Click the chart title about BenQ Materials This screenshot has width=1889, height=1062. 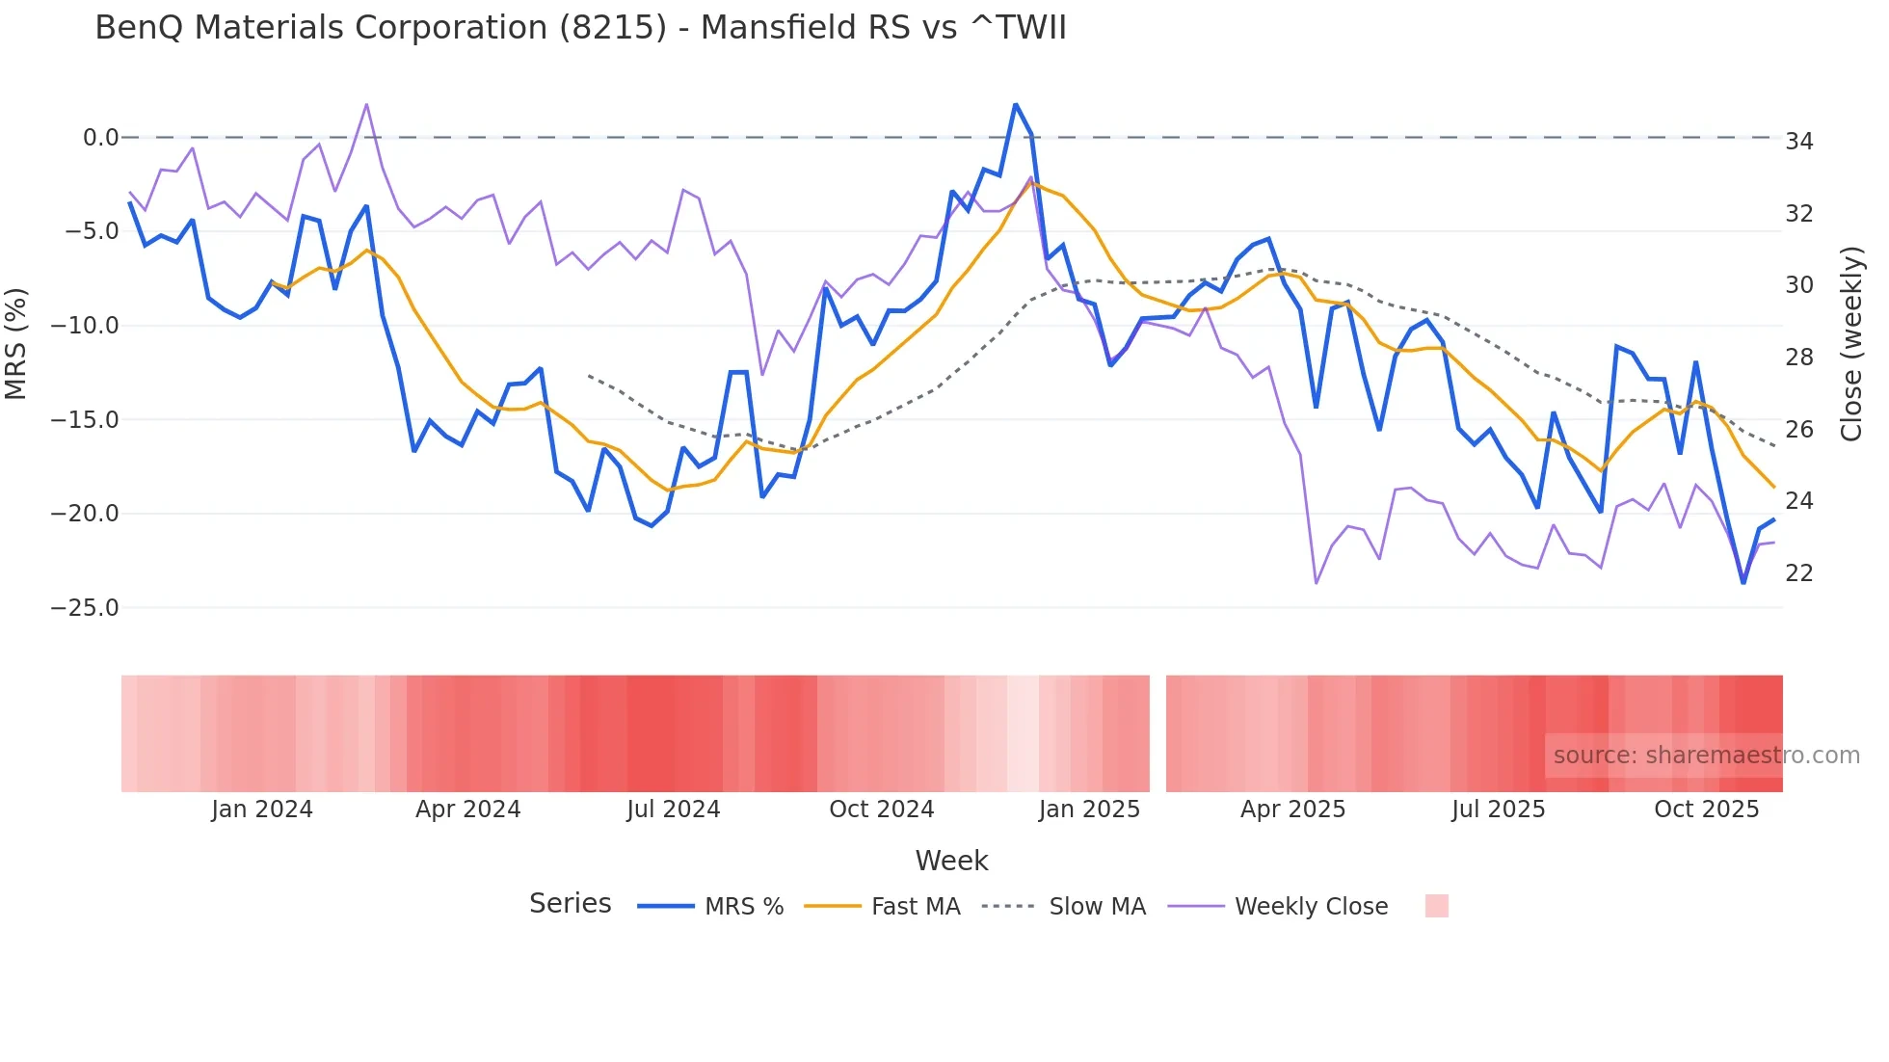point(580,28)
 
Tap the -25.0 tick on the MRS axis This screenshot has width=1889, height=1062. point(85,608)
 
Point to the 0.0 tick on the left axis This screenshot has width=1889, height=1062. point(100,138)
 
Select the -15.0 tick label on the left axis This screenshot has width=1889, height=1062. point(85,420)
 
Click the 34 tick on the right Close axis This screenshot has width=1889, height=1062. point(1798,142)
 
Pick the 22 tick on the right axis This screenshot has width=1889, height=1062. point(1798,573)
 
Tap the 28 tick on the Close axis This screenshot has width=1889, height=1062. point(1798,358)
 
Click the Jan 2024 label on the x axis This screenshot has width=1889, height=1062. point(262,810)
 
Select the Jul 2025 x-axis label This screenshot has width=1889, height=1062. point(1498,810)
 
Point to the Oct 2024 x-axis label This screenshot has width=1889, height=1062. point(881,810)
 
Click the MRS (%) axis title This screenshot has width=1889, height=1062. point(16,344)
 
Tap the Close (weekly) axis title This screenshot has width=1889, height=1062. point(1851,344)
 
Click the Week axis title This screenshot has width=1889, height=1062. point(951,861)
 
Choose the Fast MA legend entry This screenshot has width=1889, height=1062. point(915,907)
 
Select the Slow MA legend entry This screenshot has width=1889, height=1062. point(1097,907)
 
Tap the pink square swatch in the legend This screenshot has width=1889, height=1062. point(1436,906)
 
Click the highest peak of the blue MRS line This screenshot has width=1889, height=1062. point(1015,104)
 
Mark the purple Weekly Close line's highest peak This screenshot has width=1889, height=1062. point(366,104)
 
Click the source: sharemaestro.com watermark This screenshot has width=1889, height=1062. point(1706,756)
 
